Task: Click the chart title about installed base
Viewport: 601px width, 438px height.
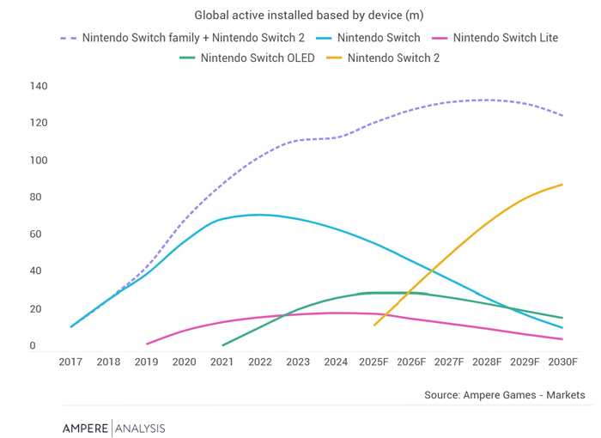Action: [308, 15]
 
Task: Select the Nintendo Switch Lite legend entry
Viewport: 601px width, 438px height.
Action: [507, 38]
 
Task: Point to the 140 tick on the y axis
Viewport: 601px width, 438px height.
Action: [39, 87]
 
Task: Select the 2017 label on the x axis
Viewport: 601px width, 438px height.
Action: [71, 362]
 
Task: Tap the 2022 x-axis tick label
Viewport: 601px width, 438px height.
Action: [260, 362]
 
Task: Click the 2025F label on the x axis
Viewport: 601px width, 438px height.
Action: [373, 362]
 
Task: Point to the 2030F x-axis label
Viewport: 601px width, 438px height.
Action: [563, 362]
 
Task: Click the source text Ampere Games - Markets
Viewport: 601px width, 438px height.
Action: [504, 395]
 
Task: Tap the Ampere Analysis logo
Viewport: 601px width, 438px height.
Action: [113, 428]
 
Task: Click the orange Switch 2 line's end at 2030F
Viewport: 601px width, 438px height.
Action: [563, 184]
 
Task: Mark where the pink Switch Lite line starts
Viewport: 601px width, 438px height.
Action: [147, 344]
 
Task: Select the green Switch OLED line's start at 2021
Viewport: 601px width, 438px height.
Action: [222, 345]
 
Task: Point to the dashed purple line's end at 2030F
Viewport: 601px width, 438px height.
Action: [563, 115]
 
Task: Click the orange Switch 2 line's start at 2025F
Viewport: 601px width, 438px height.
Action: [374, 325]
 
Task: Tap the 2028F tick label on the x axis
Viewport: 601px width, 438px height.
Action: [487, 362]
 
